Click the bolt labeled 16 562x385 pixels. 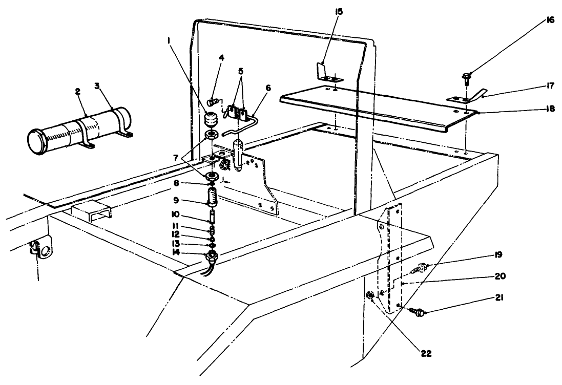(466, 78)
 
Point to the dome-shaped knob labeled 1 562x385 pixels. (210, 119)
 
